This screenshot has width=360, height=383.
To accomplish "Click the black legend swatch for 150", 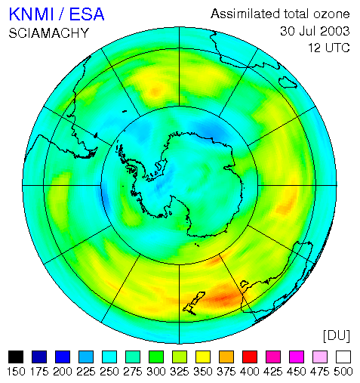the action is [16, 357].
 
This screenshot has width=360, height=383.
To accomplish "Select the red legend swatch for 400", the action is [250, 357].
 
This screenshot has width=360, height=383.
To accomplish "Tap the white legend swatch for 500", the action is [343, 357].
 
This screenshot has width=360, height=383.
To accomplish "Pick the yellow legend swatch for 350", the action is [203, 357].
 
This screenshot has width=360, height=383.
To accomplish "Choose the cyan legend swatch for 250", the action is [109, 357].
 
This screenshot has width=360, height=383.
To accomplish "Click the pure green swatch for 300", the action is [156, 357].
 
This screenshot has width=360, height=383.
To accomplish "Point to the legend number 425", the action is [273, 372].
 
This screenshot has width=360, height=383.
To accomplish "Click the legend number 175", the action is [39, 372].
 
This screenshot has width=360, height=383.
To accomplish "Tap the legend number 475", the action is [320, 372].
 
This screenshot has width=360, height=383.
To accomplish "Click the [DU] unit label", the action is [337, 336].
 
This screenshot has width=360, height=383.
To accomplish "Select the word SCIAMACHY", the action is [49, 33].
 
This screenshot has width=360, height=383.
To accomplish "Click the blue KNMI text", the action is [31, 14].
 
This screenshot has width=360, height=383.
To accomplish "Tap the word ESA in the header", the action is [87, 14].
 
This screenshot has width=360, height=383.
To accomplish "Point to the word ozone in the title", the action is [331, 14].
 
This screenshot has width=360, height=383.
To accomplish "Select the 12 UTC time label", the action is [329, 48].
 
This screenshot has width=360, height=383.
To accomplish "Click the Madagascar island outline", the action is [288, 82].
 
